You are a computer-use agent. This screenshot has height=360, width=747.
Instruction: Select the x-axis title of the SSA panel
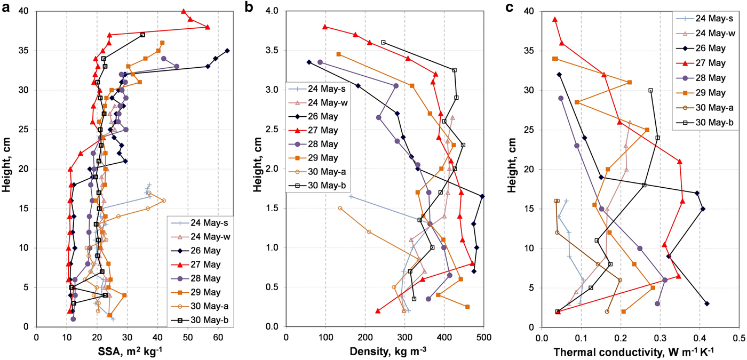click(126, 352)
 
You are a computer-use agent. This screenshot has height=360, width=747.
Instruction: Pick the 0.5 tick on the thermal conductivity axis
click(739, 337)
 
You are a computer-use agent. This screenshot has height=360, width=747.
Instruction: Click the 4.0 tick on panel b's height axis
click(274, 11)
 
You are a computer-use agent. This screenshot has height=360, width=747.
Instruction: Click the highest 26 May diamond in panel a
click(227, 51)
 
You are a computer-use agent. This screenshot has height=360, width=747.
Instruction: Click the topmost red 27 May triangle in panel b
click(325, 27)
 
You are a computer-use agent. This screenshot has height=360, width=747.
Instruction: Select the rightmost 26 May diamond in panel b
click(482, 196)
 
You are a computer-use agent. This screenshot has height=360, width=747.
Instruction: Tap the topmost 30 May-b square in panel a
click(142, 35)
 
